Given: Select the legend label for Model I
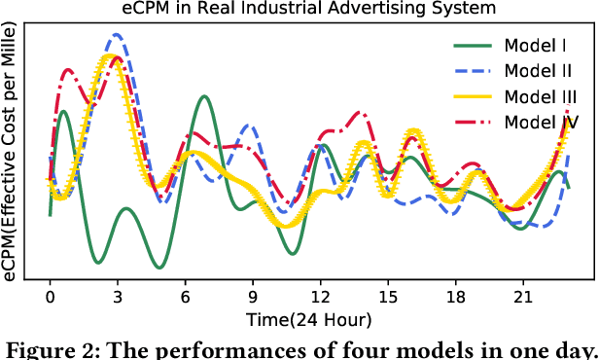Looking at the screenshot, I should [537, 46].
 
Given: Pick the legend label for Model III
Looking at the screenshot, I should [542, 96].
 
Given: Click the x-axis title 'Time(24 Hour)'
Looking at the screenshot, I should [308, 318].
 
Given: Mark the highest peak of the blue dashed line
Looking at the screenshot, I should [117, 34].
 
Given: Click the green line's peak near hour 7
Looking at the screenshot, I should [203, 96].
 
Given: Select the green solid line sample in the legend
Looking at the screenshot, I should [474, 46].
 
